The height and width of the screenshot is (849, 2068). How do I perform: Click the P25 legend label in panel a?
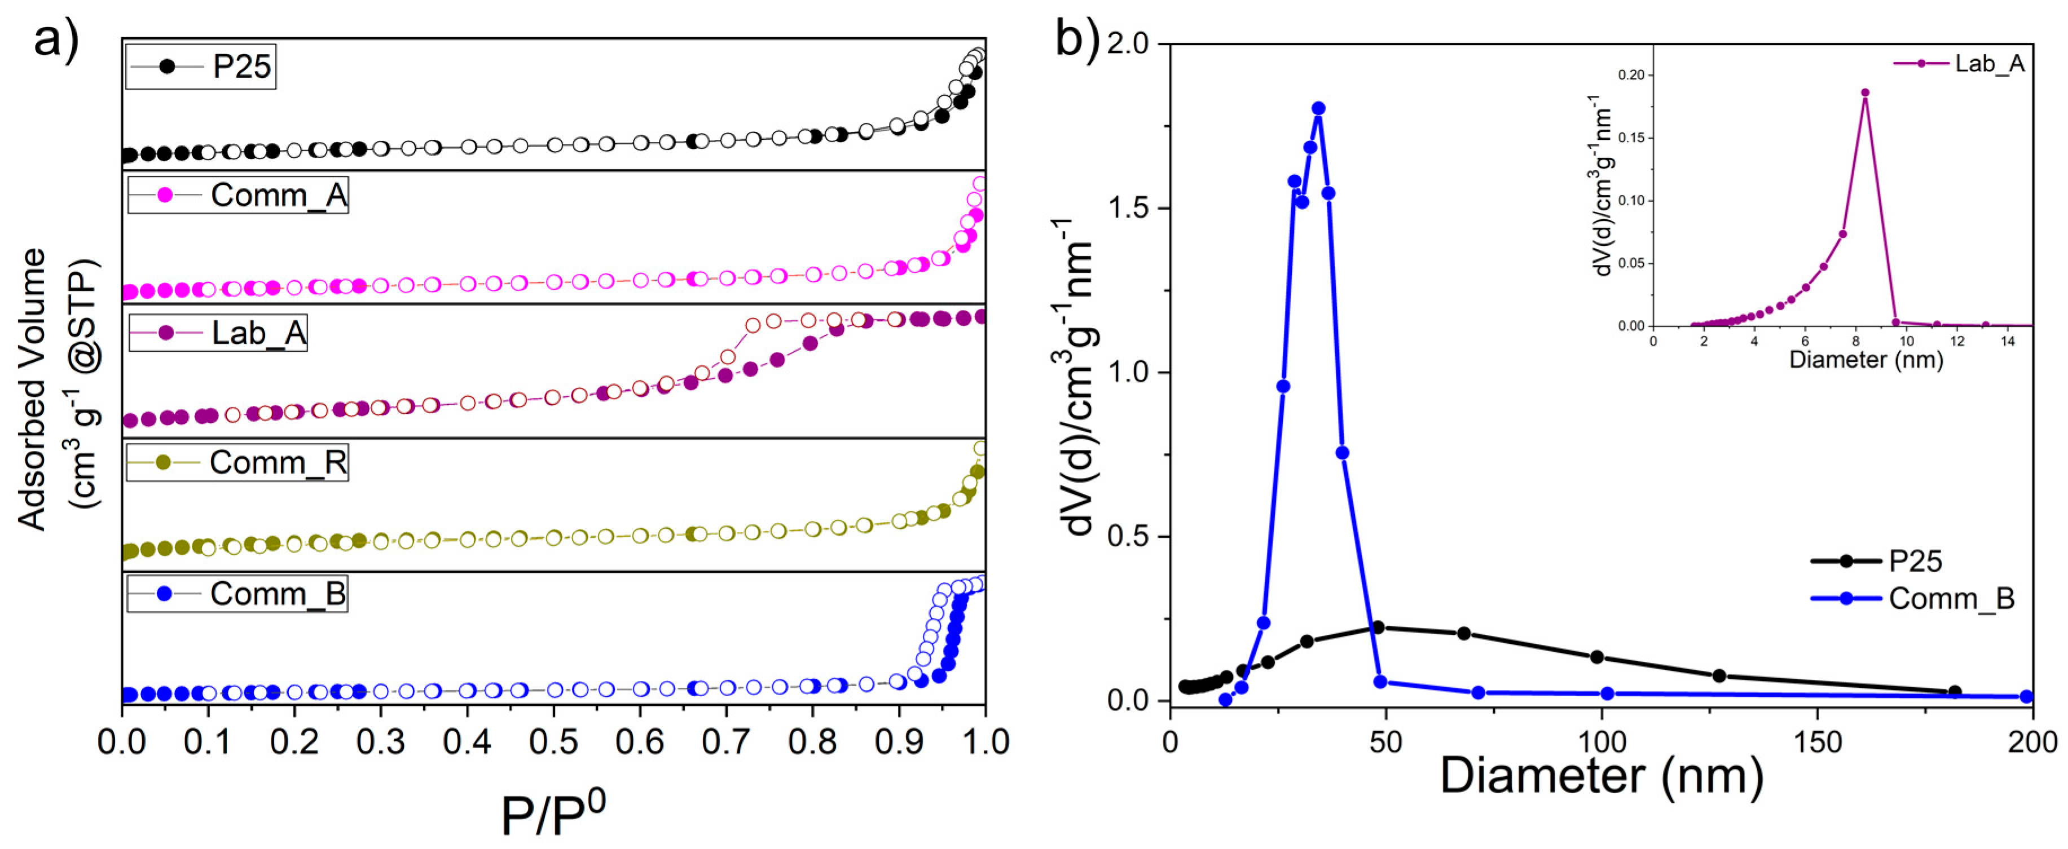click(241, 67)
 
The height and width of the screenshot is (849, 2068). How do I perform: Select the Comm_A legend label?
click(279, 196)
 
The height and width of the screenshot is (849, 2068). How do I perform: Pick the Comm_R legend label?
click(278, 463)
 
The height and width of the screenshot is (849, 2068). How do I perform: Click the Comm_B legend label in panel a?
click(278, 594)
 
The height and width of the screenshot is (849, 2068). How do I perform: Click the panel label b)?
click(1076, 38)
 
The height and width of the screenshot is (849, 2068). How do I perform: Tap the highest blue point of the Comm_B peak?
click(1318, 108)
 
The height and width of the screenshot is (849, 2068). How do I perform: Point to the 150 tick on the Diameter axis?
click(1817, 741)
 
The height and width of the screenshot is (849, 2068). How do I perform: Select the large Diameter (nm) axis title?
click(1601, 776)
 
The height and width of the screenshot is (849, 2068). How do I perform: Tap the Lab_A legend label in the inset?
click(1990, 63)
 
